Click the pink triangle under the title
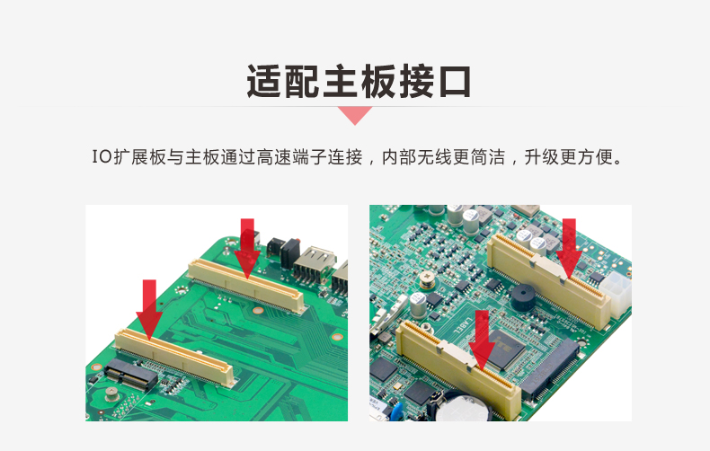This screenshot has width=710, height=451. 355,114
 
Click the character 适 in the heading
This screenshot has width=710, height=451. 264,82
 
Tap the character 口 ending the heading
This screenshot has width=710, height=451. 455,82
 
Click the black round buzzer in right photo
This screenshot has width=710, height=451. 526,297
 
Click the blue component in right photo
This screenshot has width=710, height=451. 395,412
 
